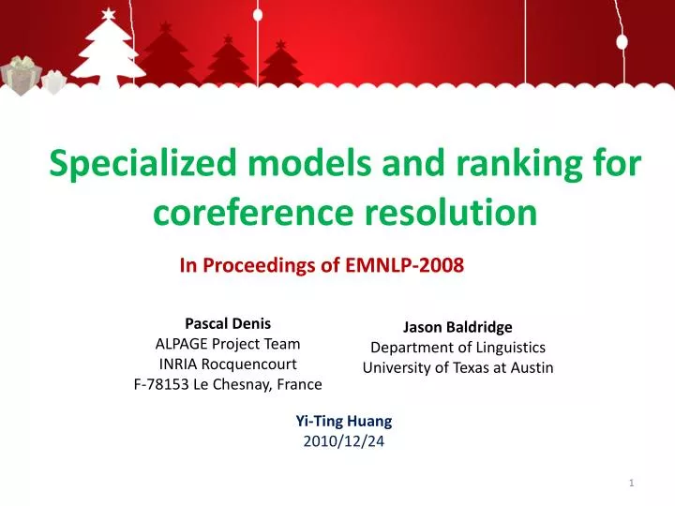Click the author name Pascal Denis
[228, 324]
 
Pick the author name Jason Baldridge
[457, 327]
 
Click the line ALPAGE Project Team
[228, 344]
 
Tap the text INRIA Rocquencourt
[228, 364]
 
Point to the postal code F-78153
[164, 384]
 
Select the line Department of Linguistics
[457, 348]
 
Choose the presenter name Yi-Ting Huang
[344, 422]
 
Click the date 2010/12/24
[344, 442]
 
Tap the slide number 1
[632, 482]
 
